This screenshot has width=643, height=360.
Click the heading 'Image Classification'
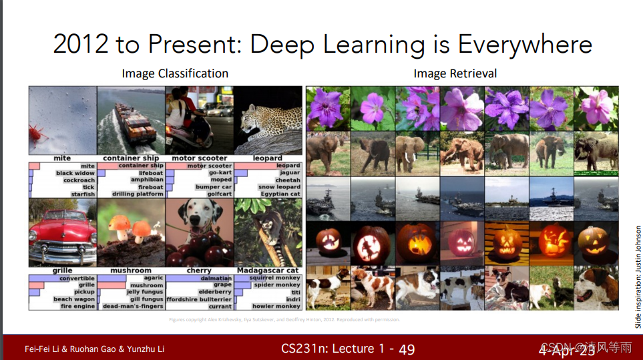point(175,73)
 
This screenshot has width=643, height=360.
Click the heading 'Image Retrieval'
point(455,73)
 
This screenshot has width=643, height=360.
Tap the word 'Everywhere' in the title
point(524,44)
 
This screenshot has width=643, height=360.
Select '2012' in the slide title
point(80,44)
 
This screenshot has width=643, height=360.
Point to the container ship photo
point(131,121)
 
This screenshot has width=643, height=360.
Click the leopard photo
point(267,121)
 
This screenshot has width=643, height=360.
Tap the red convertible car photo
point(62,234)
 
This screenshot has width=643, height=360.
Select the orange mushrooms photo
point(131,234)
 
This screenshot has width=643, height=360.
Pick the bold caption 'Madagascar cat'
point(268,271)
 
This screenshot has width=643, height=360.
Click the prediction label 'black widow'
point(75,173)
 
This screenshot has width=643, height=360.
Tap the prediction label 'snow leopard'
point(279,187)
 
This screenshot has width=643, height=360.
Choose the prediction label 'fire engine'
point(77,307)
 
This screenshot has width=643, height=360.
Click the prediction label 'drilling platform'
point(138,194)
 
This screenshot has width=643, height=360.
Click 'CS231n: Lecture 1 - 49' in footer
point(348,349)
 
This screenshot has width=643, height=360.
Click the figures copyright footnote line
point(285,320)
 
